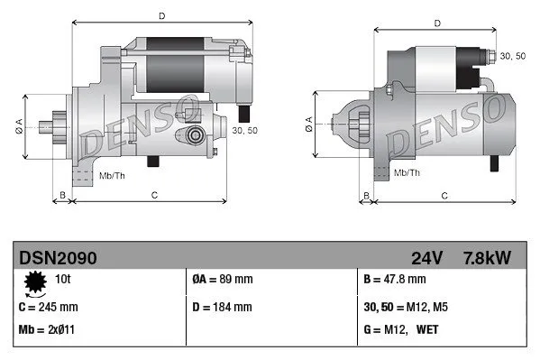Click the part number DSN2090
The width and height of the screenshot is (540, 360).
58,259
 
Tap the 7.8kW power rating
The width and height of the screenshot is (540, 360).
486,259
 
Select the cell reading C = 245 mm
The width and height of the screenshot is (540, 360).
49,307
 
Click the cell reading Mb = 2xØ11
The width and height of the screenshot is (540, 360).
47,329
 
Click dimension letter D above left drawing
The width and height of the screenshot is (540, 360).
161,15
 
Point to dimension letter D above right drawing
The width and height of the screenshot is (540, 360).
436,23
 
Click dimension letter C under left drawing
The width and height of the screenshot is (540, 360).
154,195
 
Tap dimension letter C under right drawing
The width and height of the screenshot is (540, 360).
445,195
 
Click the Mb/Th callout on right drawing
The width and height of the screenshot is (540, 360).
408,171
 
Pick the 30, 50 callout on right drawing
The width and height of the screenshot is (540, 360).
513,56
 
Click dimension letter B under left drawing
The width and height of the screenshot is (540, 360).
62,195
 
